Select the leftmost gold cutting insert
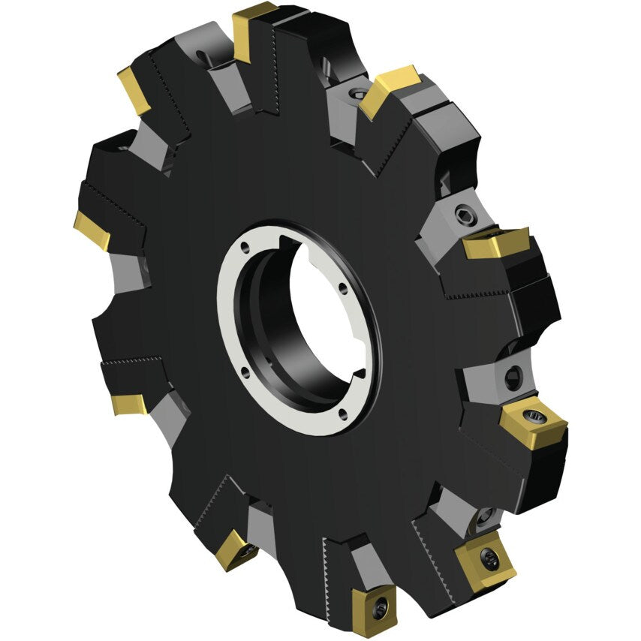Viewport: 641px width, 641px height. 92,229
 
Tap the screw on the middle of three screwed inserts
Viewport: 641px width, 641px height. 489,558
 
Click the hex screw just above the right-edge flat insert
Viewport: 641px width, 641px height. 463,215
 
